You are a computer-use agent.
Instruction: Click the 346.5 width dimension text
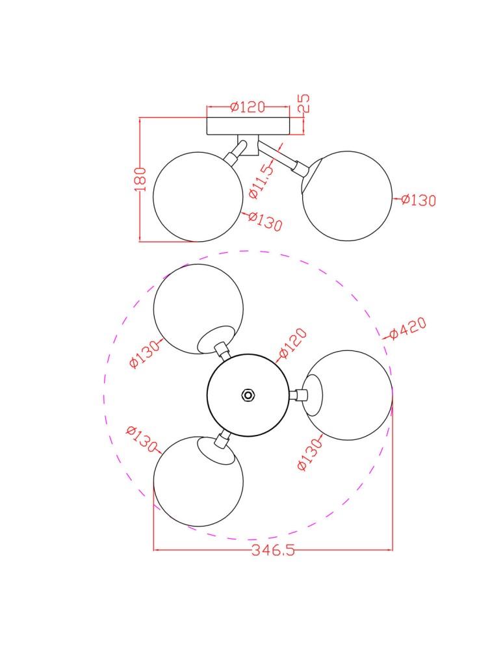tap(273, 551)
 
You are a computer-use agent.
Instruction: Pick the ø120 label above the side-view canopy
tap(248, 107)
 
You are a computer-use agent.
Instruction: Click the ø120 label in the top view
tap(292, 344)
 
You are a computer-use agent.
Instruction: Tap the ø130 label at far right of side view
tap(418, 200)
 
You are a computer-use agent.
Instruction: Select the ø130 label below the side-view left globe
tap(265, 222)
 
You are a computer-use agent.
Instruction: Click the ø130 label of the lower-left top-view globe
tap(142, 439)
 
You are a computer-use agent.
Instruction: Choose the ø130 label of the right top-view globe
tap(310, 454)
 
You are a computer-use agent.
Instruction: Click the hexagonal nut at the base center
tap(248, 395)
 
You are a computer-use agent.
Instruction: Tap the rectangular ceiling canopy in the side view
tap(248, 125)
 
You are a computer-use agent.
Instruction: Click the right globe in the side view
tap(348, 196)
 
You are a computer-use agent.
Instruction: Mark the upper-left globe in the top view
tap(195, 305)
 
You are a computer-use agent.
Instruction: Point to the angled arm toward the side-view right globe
tap(281, 158)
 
